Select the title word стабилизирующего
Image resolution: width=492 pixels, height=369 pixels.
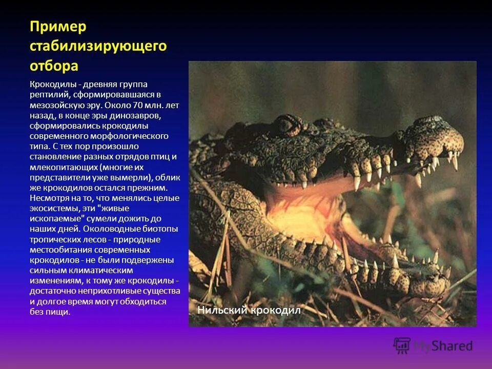[98, 46]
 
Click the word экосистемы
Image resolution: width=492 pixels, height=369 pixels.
[51, 208]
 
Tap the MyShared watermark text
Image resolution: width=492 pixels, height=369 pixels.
[443, 346]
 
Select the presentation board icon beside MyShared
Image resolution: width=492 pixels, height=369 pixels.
[402, 345]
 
